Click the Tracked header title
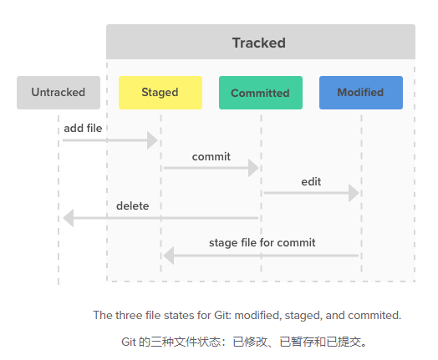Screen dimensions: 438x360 259,43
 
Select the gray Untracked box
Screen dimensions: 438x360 59,93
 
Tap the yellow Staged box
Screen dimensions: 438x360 160,93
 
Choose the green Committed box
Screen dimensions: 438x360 261,93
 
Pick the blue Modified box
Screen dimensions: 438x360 361,93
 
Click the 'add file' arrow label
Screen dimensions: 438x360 83,129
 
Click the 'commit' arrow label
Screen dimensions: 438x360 211,157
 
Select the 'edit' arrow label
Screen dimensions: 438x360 311,182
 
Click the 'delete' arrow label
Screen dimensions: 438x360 133,206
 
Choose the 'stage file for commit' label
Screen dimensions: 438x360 262,243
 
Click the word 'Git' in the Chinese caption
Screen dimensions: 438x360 129,342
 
